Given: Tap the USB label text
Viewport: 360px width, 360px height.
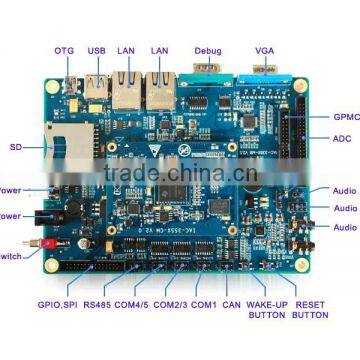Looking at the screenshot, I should (x=96, y=50).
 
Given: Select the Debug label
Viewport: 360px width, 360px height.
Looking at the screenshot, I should (x=208, y=50).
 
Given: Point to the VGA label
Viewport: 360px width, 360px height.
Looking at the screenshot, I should (x=264, y=50).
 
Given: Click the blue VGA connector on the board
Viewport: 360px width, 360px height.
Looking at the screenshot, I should (x=264, y=73).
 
